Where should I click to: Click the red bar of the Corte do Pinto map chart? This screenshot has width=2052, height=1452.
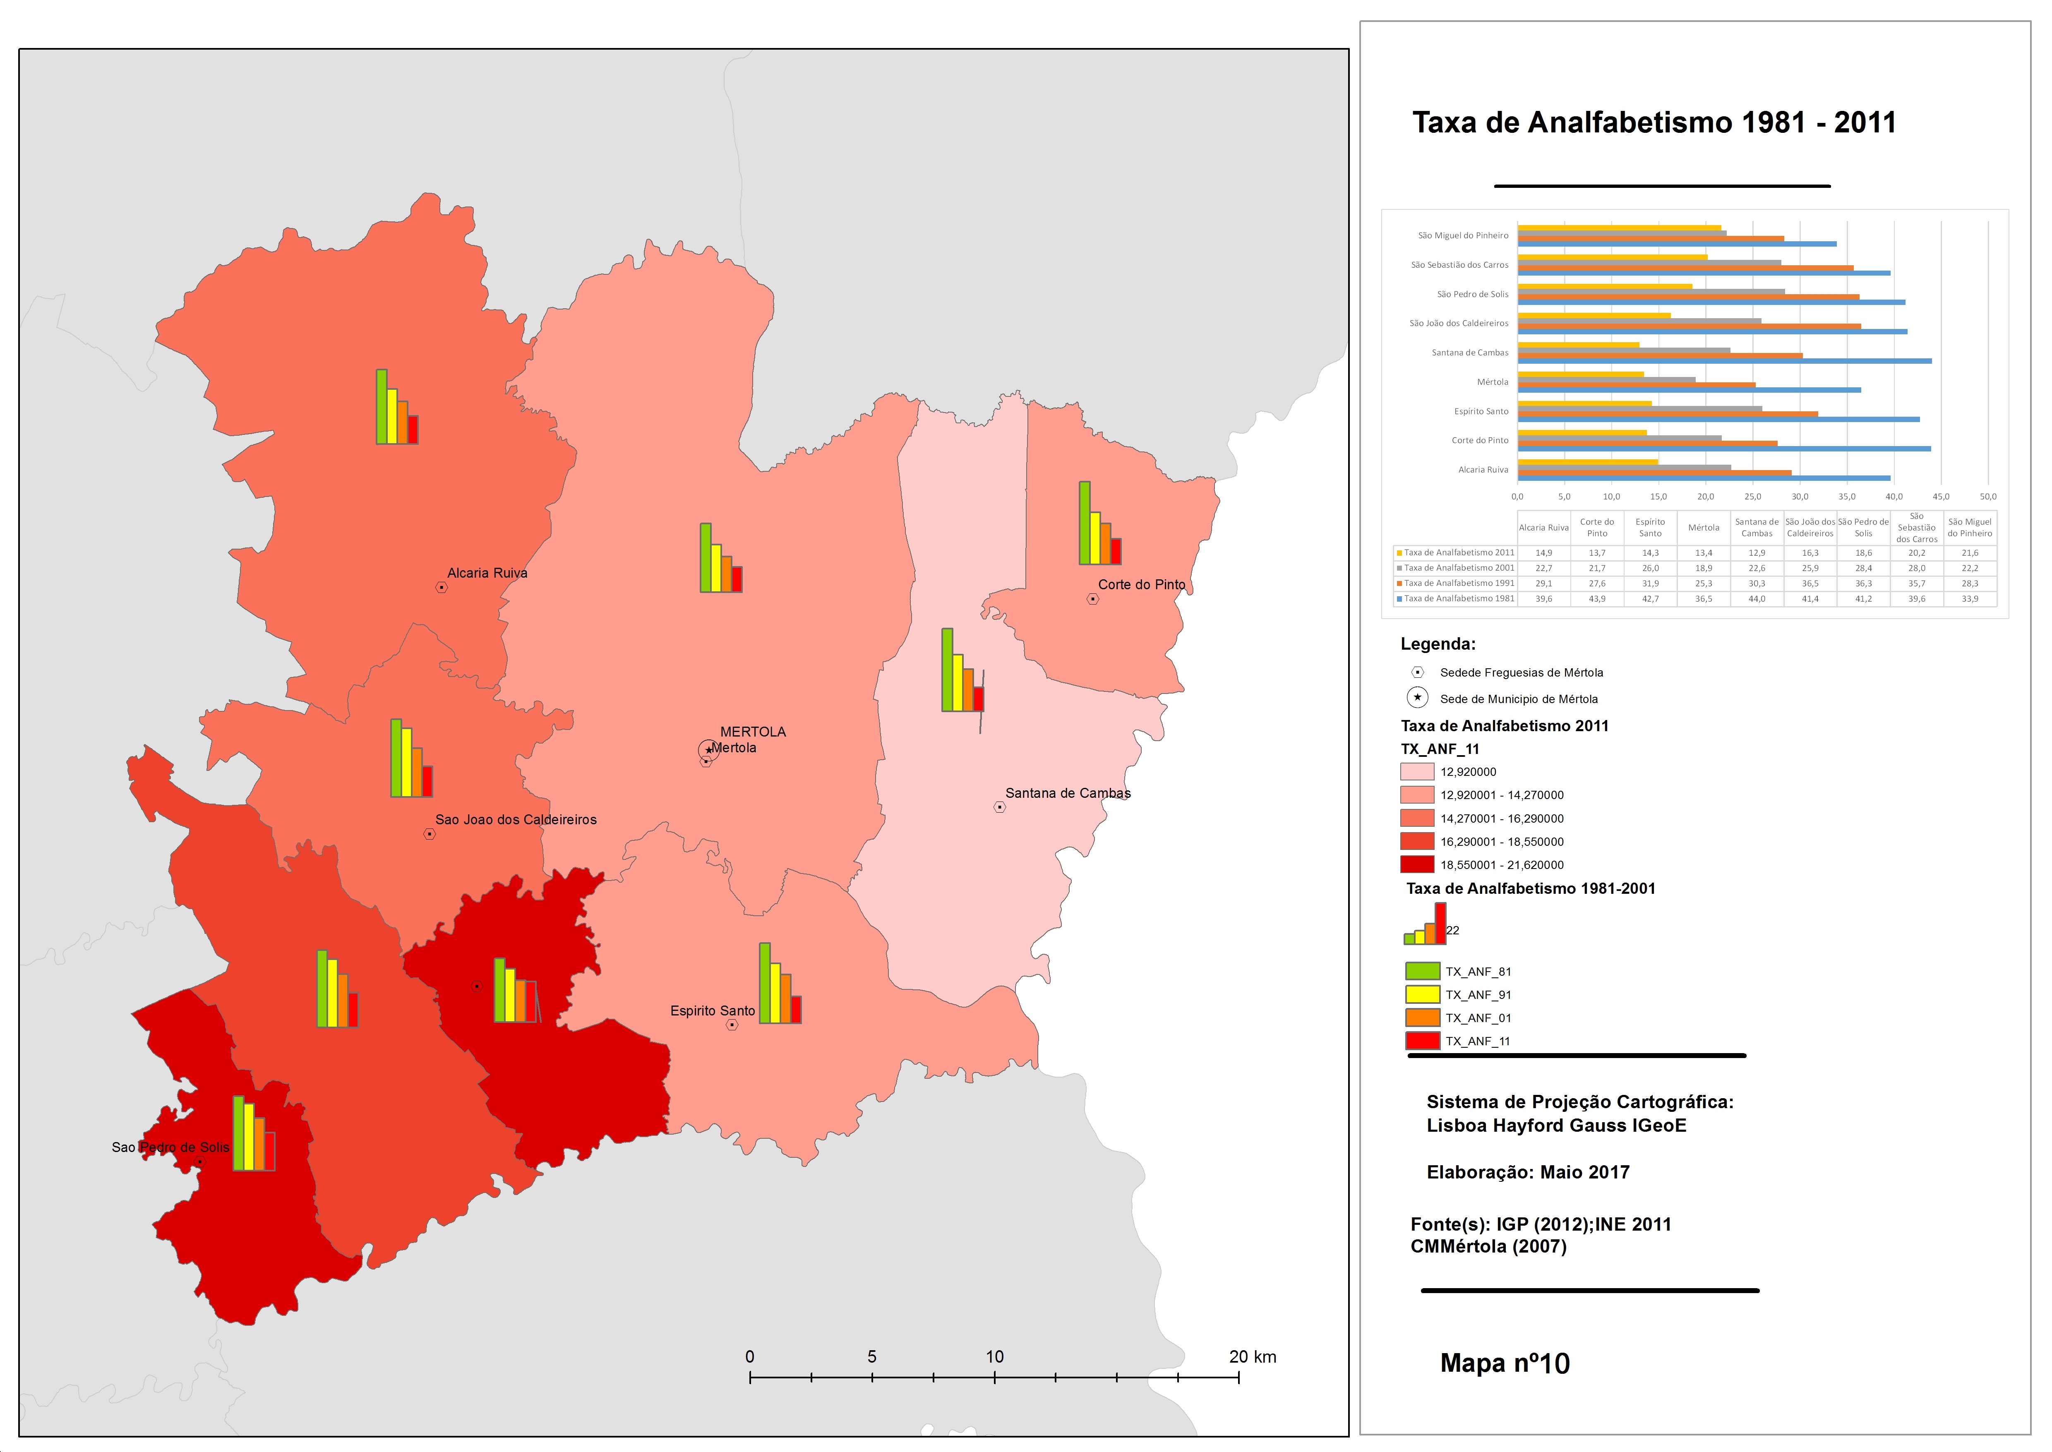coord(1116,551)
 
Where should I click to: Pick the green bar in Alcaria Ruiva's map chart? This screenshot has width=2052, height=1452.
coord(382,407)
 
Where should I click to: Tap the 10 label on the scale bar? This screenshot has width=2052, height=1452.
coord(994,1356)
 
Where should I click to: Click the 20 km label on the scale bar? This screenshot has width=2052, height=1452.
coord(1253,1356)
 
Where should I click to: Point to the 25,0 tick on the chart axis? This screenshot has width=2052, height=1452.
coord(1752,496)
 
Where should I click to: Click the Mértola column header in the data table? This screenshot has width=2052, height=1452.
coord(1703,528)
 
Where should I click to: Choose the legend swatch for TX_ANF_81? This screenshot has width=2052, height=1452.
coord(1423,971)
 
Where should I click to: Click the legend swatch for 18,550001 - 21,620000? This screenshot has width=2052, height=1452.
coord(1417,864)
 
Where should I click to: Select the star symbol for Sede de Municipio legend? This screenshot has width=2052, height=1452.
coord(1417,697)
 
